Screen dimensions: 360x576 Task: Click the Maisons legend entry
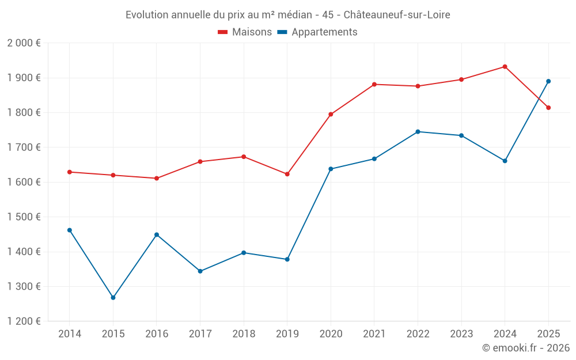coord(245,32)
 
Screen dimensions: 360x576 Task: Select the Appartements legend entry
coord(317,32)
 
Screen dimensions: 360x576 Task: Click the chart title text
coord(288,15)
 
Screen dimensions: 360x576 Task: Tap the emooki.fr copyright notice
coord(525,347)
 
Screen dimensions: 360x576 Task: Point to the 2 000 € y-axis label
coord(24,43)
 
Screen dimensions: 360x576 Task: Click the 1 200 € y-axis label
coord(24,321)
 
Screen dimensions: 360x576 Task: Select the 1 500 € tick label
coord(24,217)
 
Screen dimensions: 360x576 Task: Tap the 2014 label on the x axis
coord(70,334)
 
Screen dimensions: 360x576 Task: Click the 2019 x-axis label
coord(287,334)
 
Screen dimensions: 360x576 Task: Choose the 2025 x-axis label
coord(548,334)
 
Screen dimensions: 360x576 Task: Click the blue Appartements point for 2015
coord(113,298)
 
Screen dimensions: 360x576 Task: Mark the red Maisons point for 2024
coord(505,67)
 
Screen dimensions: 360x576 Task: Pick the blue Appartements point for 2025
coord(548,81)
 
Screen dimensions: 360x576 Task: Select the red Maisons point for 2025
coord(548,108)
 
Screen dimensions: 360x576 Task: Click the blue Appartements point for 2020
coord(331,169)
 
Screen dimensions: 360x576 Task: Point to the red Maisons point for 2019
coord(287,174)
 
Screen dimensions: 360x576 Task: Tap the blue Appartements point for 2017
coord(200,271)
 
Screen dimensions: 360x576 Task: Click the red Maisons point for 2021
coord(374,85)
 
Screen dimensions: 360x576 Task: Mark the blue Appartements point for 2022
coord(418,132)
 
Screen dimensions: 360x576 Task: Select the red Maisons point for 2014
coord(70,172)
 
